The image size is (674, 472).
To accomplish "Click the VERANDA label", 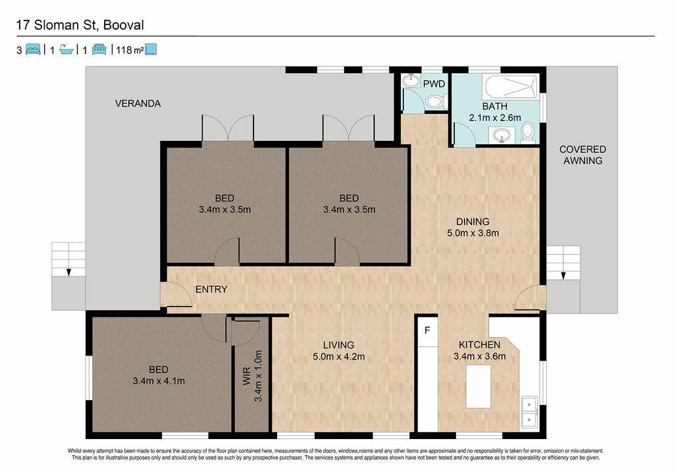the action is coord(138,103).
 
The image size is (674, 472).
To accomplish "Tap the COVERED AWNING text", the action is coord(583,155).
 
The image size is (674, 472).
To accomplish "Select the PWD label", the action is coord(434,84).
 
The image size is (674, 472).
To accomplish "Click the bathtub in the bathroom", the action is coord(511,88).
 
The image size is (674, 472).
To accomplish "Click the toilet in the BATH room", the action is coord(528,132).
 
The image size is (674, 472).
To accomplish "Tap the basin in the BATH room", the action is coord(501,136).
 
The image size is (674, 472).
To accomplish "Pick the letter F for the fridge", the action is coord(427,330).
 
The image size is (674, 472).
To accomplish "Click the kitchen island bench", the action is coord(479,386).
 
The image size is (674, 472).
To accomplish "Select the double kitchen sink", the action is coord(529,412).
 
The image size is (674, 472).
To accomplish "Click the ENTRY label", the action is coord(211,289).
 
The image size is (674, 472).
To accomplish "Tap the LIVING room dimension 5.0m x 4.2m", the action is coord(339,356).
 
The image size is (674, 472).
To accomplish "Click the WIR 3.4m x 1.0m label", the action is coord(252,376).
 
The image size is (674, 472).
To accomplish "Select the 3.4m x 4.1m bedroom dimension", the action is coord(159,381).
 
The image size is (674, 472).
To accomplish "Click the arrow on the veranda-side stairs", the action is coord(68,272).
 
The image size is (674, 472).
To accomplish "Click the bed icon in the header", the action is coord(33,49).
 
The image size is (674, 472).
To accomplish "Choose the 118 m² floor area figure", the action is coord(130,50).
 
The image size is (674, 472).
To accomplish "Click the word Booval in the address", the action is coord(123,26).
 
